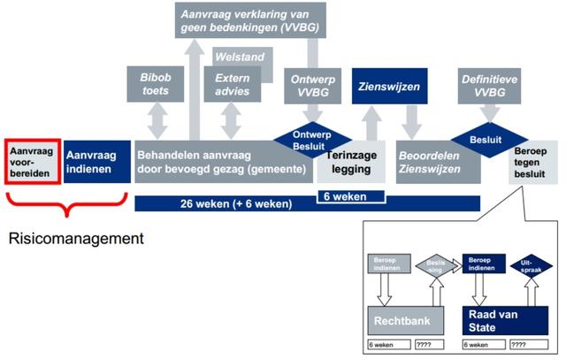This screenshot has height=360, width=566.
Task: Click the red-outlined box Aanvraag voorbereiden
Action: pos(32,160)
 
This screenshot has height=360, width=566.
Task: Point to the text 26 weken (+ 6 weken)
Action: pos(235,204)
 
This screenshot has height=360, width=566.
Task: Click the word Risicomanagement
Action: pos(76,239)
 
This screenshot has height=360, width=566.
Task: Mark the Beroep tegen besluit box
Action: pos(536,162)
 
